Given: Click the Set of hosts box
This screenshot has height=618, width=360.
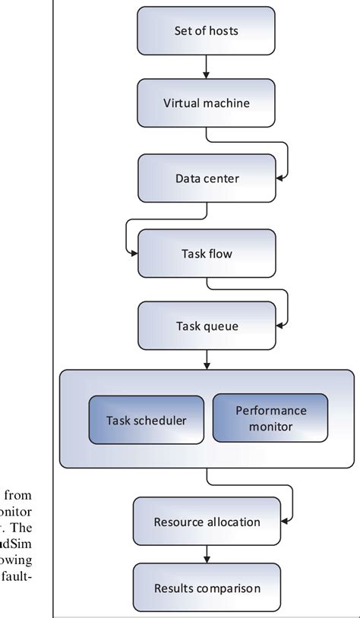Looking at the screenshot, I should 207,30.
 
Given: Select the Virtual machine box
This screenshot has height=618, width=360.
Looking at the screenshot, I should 207,103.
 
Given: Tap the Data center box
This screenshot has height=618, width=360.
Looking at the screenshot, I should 207,179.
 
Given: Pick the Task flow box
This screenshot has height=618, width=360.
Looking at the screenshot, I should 207,254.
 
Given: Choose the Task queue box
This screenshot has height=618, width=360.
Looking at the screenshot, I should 207,327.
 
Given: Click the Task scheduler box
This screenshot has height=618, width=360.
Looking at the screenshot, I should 146,419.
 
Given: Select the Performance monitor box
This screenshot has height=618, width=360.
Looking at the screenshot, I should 270,418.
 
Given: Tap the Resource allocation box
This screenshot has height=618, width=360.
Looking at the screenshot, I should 207,521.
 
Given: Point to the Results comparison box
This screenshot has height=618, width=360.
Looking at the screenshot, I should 207,588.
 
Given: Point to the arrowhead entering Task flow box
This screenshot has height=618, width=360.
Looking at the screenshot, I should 133,254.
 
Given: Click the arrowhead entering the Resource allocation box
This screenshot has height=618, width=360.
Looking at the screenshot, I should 284,522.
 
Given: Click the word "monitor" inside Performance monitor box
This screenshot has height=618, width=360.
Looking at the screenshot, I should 270,427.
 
